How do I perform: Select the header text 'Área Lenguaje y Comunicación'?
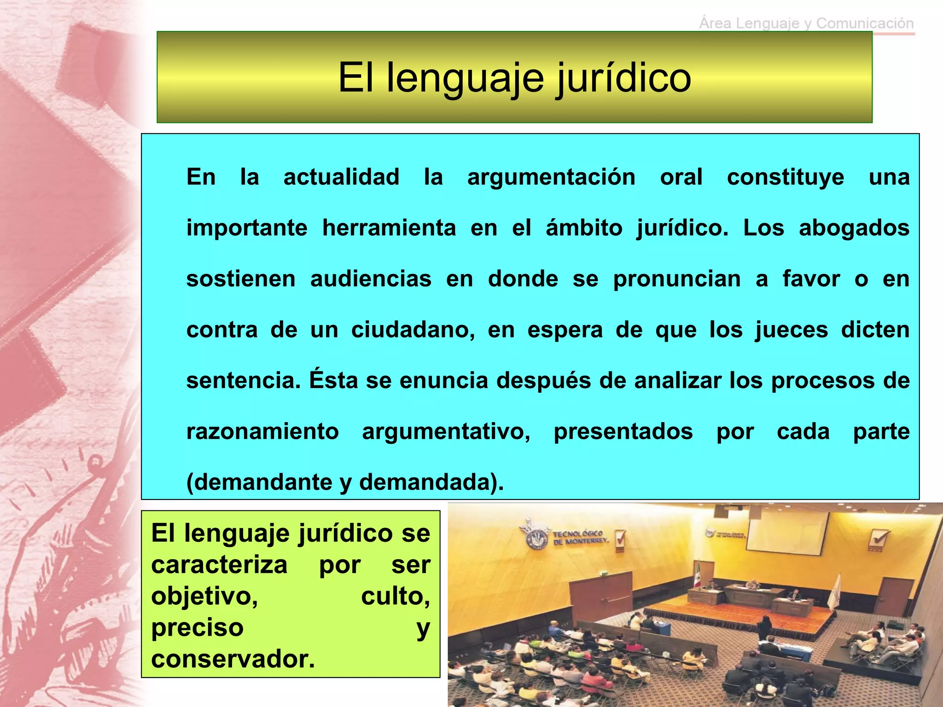pyautogui.click(x=806, y=23)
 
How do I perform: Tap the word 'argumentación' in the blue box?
pyautogui.click(x=551, y=177)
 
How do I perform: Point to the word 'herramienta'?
pyautogui.click(x=389, y=228)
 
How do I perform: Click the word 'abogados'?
pyautogui.click(x=854, y=228)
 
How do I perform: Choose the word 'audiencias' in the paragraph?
pyautogui.click(x=371, y=279)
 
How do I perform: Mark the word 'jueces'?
pyautogui.click(x=792, y=330)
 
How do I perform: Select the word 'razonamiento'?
pyautogui.click(x=262, y=432)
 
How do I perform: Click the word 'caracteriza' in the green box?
pyautogui.click(x=219, y=565)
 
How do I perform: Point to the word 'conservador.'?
pyautogui.click(x=233, y=659)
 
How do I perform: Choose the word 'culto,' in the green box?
pyautogui.click(x=395, y=597)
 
